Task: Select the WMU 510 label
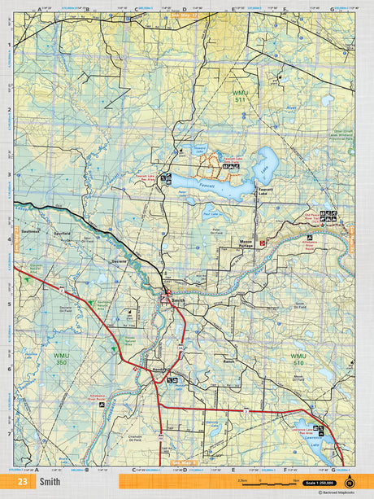(298, 359)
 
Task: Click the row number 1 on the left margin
(8, 46)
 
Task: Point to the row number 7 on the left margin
(8, 434)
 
